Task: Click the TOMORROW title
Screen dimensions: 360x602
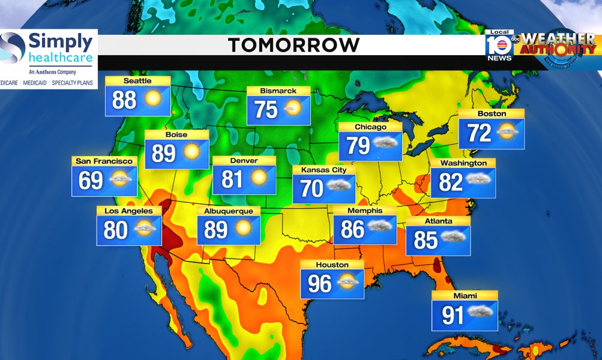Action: (293, 45)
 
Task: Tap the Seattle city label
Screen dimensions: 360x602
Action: (137, 81)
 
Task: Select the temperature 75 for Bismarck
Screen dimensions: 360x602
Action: (266, 110)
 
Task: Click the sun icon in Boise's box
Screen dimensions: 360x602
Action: (191, 152)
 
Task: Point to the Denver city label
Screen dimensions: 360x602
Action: (244, 161)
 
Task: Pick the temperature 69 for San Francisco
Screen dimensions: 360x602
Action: (91, 180)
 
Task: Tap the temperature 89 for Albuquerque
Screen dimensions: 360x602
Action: (216, 229)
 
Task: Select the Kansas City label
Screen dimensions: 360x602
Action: (324, 170)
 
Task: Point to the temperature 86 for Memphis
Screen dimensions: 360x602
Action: (353, 229)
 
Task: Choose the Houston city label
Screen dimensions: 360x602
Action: (332, 265)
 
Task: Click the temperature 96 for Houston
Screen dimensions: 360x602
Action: (320, 283)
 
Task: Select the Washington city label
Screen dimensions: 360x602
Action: (463, 163)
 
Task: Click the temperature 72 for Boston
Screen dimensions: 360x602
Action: (480, 133)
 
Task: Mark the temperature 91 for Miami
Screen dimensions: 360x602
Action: (453, 316)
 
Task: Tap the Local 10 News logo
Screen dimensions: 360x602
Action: (499, 46)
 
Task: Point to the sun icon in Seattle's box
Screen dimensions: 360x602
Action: (152, 98)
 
